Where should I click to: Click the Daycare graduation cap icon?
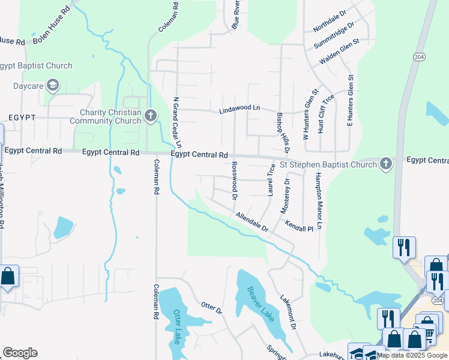(x=53, y=86)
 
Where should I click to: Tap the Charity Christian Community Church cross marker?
(x=150, y=115)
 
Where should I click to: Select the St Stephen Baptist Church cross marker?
(x=385, y=163)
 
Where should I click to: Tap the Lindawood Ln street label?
(x=240, y=109)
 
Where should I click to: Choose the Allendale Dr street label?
(x=252, y=222)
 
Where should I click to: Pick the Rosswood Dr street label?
(x=235, y=181)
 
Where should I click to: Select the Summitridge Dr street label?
(x=334, y=37)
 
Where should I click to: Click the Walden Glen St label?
(x=339, y=51)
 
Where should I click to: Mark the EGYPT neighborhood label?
(x=22, y=118)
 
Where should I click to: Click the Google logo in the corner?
(x=19, y=353)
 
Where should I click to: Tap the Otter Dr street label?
(x=211, y=308)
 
